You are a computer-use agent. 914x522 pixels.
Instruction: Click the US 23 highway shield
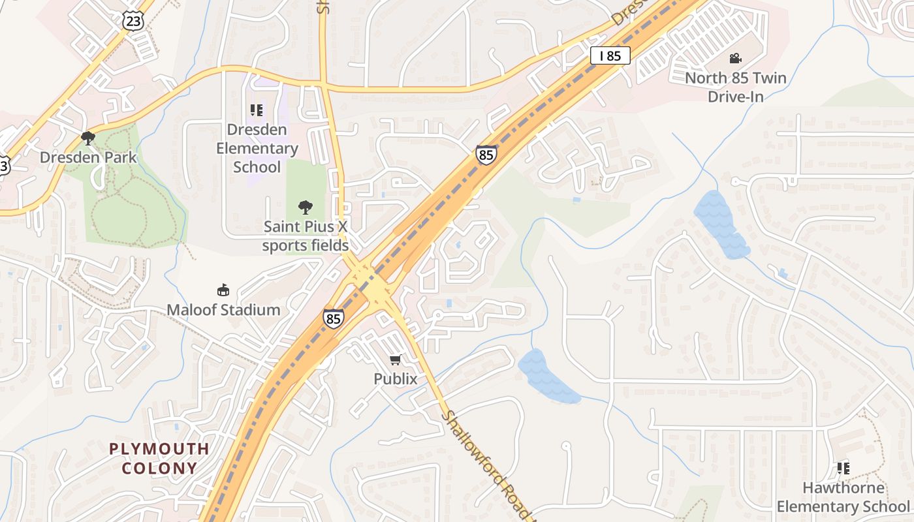click(133, 20)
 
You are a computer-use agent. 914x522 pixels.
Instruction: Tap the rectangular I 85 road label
click(610, 55)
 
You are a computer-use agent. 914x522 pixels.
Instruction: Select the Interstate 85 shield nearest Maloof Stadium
click(333, 318)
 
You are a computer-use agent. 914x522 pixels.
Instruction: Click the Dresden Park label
click(88, 157)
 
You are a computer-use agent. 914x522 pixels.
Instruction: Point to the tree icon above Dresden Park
click(88, 138)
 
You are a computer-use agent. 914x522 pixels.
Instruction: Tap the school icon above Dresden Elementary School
click(257, 110)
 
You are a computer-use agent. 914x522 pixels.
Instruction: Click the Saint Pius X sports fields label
click(305, 236)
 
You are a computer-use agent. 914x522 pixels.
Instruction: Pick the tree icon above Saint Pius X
click(305, 207)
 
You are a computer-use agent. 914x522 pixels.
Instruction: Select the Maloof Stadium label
click(223, 309)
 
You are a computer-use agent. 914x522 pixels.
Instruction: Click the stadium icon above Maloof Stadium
click(223, 290)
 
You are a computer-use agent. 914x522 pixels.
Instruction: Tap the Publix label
click(395, 378)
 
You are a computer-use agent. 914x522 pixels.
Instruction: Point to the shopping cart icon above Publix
click(395, 360)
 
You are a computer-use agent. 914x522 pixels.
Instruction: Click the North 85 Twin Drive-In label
click(736, 87)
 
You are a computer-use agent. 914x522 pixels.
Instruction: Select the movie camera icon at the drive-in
click(736, 58)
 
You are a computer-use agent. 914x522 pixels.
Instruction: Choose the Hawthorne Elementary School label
click(842, 497)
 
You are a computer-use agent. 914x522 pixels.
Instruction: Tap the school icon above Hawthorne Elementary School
click(843, 468)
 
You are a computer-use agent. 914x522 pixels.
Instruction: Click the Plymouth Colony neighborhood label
click(159, 458)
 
